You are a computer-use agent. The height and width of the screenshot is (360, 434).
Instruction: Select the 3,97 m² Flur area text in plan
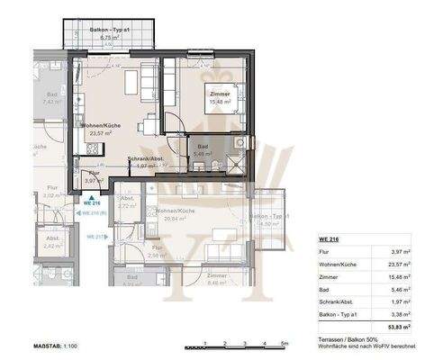[89, 181]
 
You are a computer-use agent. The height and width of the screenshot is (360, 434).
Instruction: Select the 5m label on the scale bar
[284, 344]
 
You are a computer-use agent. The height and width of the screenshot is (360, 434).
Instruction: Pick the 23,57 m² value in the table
[399, 265]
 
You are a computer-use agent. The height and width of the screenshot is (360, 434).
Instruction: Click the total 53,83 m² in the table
[399, 328]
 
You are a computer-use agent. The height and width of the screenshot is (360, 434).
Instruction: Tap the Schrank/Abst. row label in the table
[337, 302]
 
